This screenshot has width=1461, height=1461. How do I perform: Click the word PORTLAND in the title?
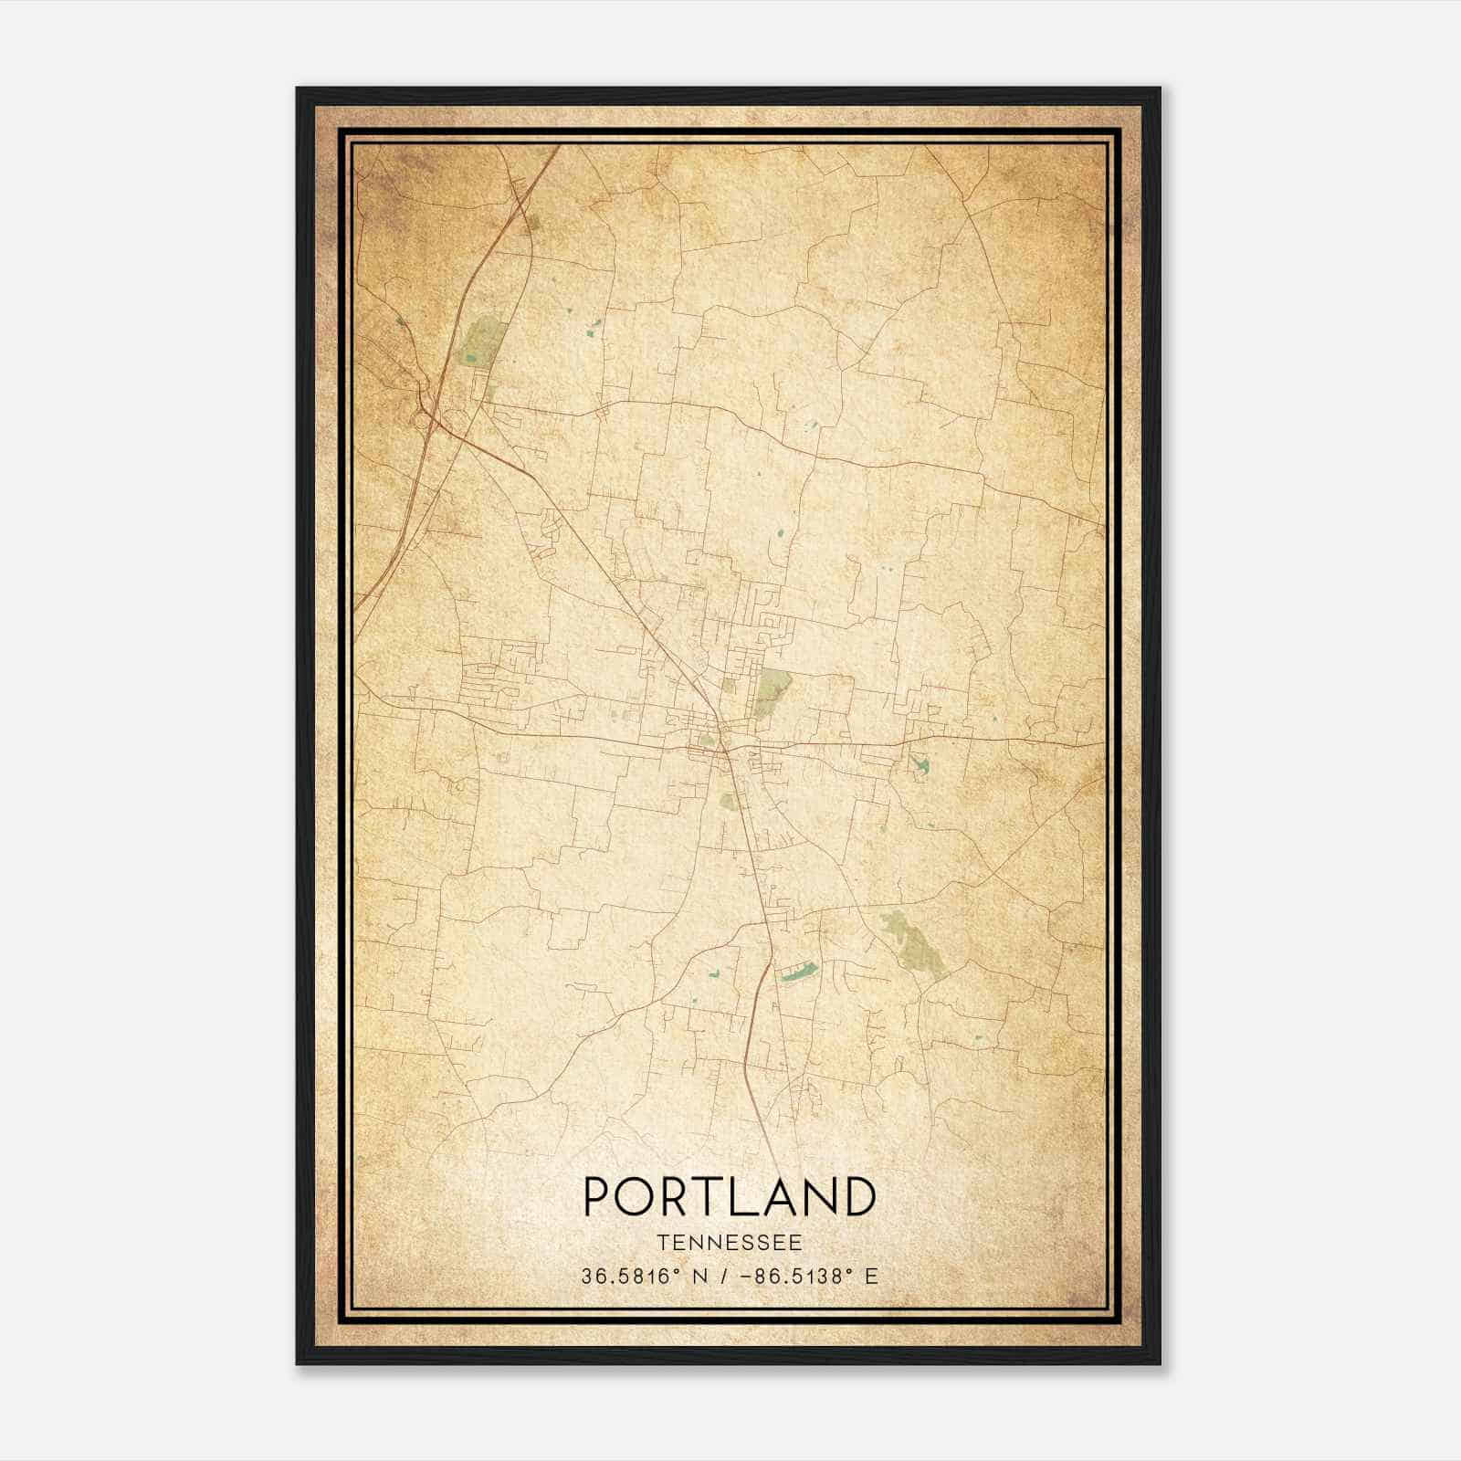pyautogui.click(x=730, y=1197)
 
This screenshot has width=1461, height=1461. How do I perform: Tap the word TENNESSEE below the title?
pyautogui.click(x=730, y=1243)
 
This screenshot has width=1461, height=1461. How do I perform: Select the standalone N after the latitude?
pyautogui.click(x=700, y=1277)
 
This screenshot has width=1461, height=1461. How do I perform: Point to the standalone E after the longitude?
pyautogui.click(x=871, y=1277)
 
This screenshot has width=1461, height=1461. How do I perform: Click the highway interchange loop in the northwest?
pyautogui.click(x=424, y=419)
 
